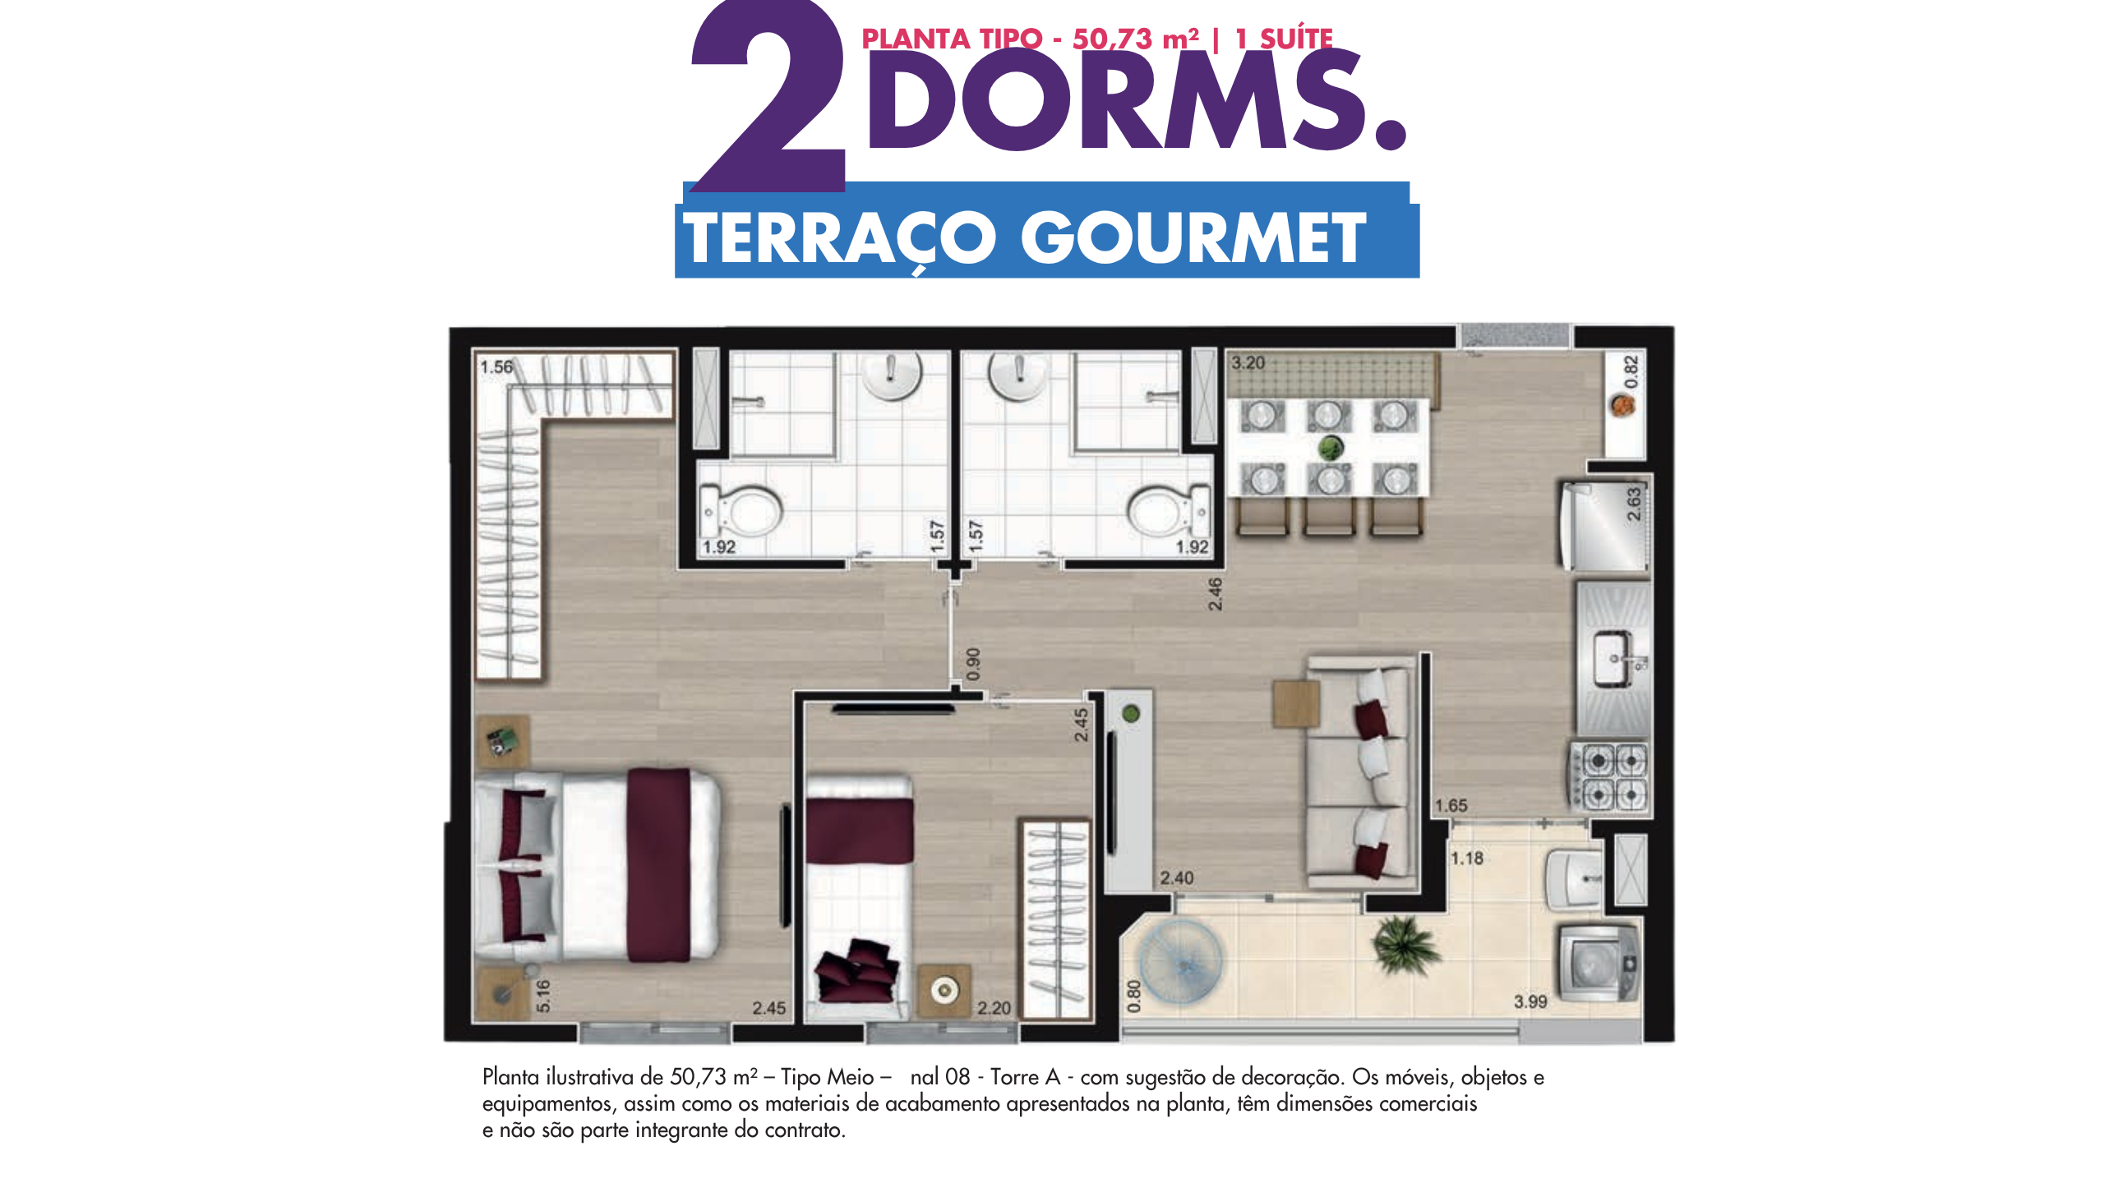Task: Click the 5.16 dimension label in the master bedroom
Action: (542, 996)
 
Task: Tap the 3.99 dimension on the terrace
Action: (1530, 1001)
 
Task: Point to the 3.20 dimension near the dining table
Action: (1248, 362)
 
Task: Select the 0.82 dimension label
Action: (1631, 372)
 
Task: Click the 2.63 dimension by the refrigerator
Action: (1634, 504)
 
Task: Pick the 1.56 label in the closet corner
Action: (496, 366)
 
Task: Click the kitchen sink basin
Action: (1613, 658)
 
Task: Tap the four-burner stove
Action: (1610, 776)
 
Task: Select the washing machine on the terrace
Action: (1599, 963)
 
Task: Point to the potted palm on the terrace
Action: (1406, 946)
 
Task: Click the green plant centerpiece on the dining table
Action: (1330, 448)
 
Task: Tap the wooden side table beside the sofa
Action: (1296, 703)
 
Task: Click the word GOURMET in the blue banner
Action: (1193, 237)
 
